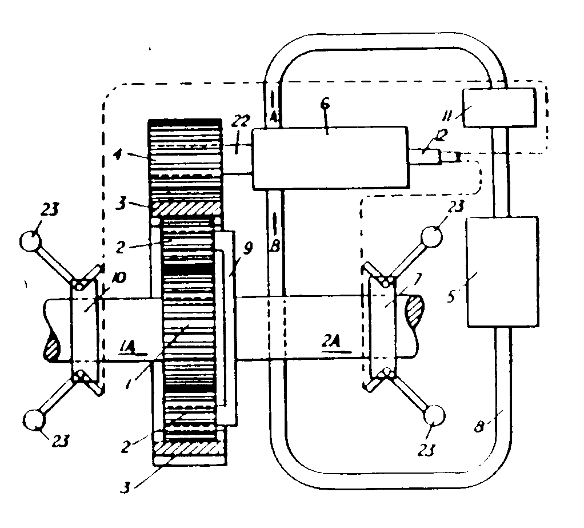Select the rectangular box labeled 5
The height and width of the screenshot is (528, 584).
click(x=502, y=271)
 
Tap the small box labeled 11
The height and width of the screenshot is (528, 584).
click(x=498, y=108)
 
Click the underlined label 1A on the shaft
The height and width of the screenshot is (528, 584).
click(x=128, y=345)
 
